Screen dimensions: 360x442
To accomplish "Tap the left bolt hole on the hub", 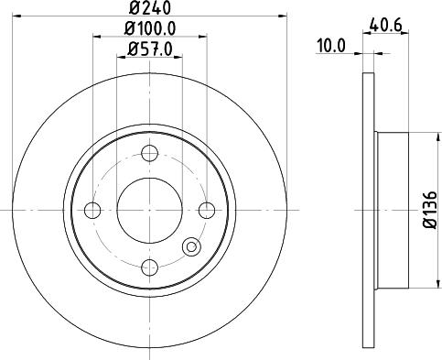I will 92,210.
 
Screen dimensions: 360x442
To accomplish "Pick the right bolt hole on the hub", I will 207,210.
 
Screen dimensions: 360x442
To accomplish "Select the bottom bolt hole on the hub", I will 149,267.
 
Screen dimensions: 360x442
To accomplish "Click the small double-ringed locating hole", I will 190,245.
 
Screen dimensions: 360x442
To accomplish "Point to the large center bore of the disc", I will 149,210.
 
